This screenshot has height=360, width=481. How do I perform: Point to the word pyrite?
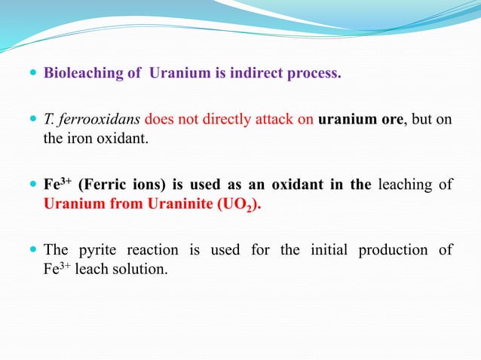[102, 250]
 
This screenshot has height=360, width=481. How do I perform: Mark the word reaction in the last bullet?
[160, 250]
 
